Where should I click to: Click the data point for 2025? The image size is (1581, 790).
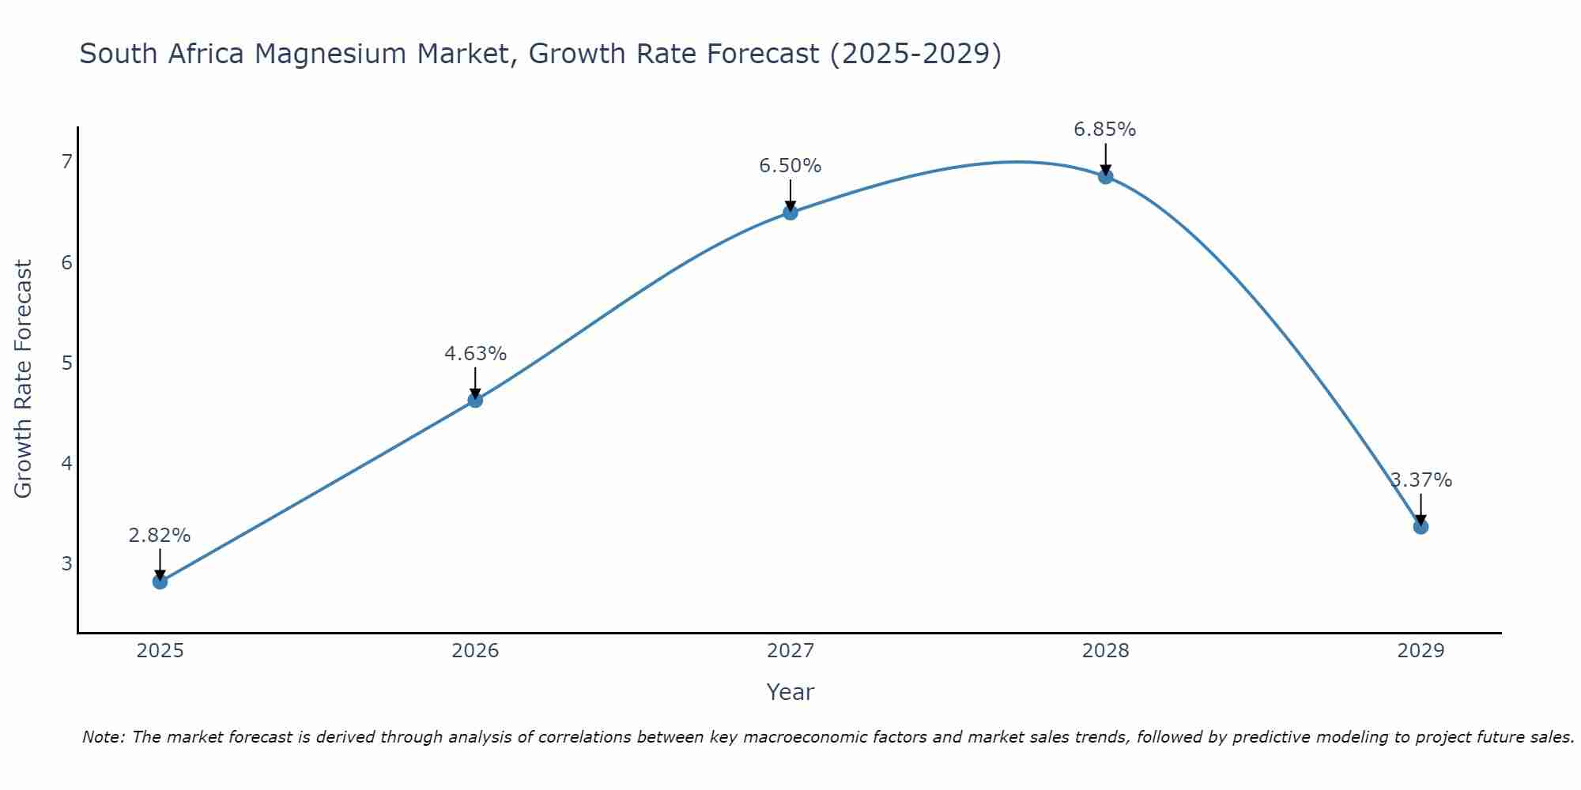pos(160,581)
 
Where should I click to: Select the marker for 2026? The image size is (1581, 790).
pos(475,401)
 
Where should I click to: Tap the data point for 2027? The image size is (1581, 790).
pos(790,213)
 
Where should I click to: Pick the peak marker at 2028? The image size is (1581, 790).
pos(1105,176)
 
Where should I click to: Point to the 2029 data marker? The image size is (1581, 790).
pos(1421,527)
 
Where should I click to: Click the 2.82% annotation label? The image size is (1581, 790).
pos(160,536)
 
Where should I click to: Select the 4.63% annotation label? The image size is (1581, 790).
pos(475,354)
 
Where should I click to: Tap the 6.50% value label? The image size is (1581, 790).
pos(790,166)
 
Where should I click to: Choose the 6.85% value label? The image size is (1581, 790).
pos(1105,130)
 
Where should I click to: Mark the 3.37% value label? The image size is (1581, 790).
pos(1421,480)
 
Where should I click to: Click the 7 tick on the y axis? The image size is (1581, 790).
pos(66,162)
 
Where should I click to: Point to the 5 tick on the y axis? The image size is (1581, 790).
pos(66,363)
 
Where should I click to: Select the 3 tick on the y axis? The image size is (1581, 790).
pos(66,563)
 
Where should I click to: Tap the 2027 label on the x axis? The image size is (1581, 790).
pos(790,651)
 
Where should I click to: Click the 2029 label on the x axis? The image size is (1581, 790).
pos(1421,651)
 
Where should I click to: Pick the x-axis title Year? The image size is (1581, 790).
pos(790,692)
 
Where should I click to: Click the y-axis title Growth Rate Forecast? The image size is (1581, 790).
pos(24,379)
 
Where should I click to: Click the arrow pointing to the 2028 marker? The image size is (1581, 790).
pos(1105,158)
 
